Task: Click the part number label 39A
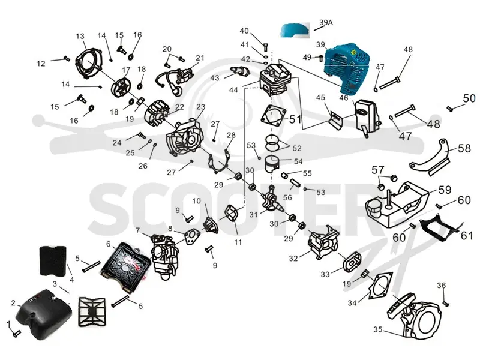326,22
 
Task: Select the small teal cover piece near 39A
295,30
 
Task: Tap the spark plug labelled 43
239,71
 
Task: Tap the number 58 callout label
464,148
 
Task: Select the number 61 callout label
467,235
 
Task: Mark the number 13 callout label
80,36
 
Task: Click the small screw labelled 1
16,333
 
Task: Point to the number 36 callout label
441,286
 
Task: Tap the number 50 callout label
469,98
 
